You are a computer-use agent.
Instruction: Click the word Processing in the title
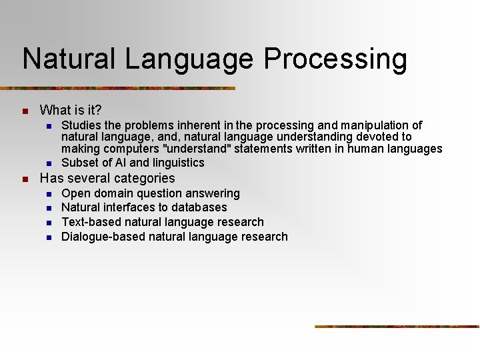(335, 59)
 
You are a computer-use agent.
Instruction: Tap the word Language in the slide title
(189, 59)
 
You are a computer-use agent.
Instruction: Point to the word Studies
(83, 125)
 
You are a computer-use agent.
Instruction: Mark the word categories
(143, 179)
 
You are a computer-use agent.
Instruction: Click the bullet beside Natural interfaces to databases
(48, 208)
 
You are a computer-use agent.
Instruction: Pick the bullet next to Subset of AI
(48, 163)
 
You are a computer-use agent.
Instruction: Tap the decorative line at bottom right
(397, 326)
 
